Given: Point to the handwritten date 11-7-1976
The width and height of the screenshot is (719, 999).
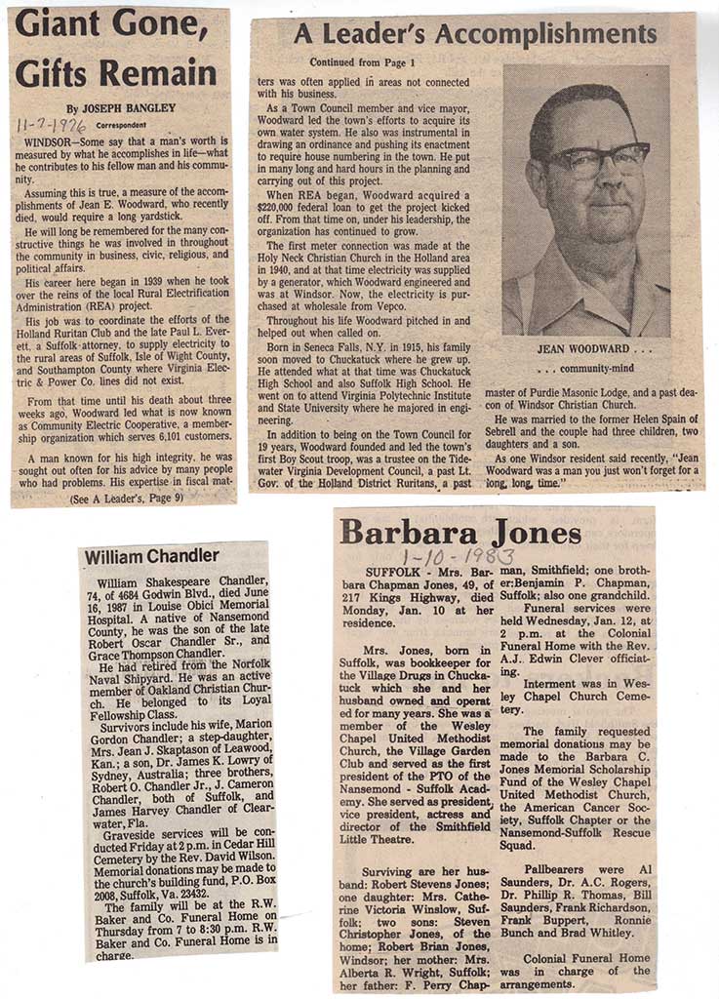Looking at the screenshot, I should [52, 125].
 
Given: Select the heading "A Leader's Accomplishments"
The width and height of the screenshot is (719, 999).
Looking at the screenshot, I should [475, 35].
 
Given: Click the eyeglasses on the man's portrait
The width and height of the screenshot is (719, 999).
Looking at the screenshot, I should [596, 159].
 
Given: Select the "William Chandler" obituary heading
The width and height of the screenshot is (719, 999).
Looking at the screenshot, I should [151, 556].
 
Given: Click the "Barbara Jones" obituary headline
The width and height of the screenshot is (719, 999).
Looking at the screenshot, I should [459, 533].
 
